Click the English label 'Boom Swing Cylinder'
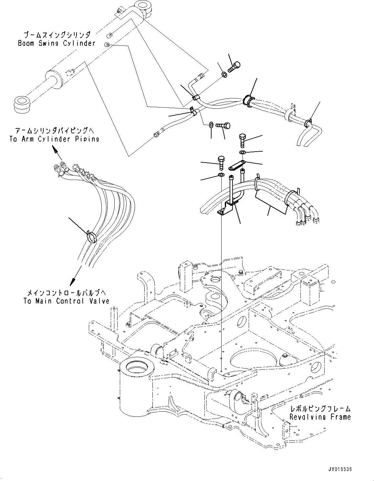57,43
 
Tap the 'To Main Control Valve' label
66,301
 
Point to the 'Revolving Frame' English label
320,417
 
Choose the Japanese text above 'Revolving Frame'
320,409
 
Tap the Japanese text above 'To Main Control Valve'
66,293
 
